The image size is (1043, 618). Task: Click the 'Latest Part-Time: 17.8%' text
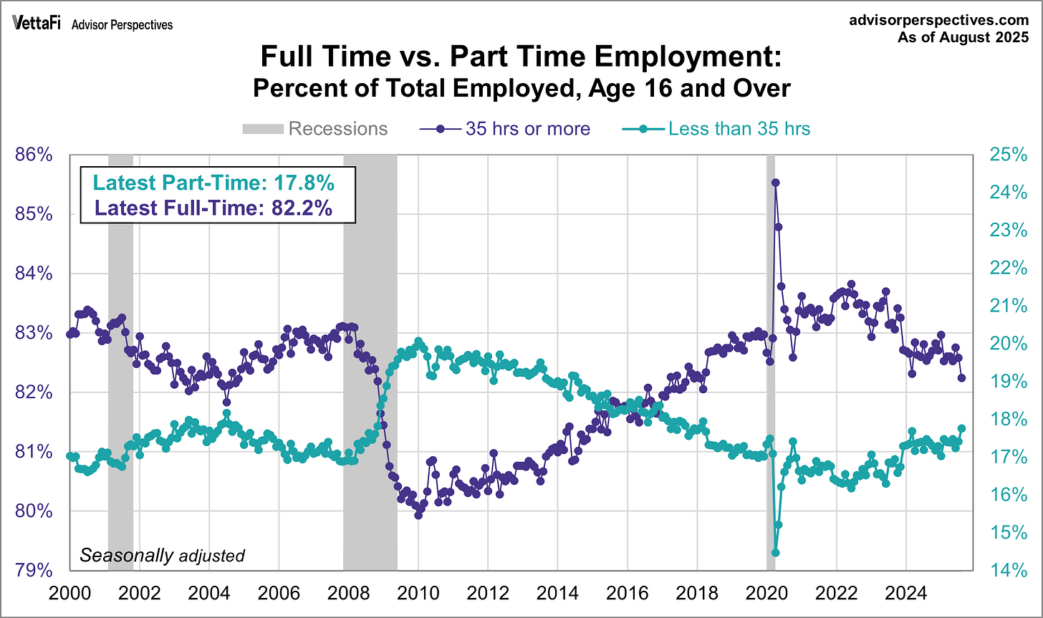[x=213, y=183]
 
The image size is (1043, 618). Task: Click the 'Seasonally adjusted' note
[x=162, y=555]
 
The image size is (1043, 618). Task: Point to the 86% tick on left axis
[x=34, y=155]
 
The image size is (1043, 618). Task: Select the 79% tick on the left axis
[x=34, y=571]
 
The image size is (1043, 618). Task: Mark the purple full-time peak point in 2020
[x=775, y=183]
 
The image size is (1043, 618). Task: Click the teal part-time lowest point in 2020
[x=775, y=552]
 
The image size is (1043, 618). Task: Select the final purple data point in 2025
[x=961, y=378]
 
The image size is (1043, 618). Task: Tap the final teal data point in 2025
[x=961, y=428]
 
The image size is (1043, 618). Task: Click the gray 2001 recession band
[x=120, y=358]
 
